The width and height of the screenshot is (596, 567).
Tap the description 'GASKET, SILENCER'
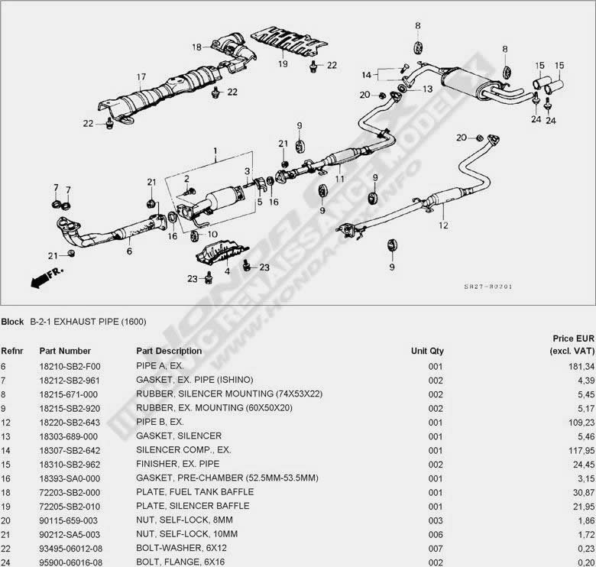[179, 435]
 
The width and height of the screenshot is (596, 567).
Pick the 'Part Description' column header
[169, 351]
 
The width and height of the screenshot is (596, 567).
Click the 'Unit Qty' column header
[427, 351]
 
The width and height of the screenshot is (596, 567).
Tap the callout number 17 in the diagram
[141, 76]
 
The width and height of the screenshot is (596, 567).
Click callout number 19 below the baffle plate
[283, 64]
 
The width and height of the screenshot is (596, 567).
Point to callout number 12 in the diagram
[444, 225]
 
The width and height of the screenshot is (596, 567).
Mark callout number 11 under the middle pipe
[339, 179]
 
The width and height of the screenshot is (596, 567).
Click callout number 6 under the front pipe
[129, 250]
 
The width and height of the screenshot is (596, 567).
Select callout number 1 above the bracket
[215, 151]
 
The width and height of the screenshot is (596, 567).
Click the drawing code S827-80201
[487, 287]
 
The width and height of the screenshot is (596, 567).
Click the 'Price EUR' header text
[573, 338]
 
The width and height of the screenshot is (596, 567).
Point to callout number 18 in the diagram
[196, 47]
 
